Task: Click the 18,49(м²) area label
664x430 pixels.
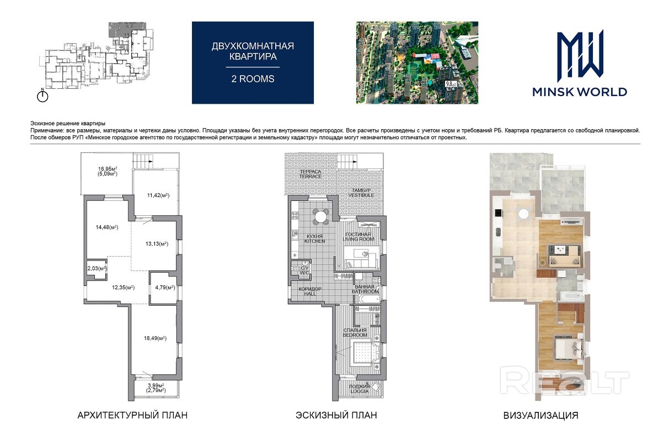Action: point(155,338)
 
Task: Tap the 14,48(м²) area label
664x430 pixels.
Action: point(107,227)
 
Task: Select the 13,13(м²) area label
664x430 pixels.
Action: point(157,243)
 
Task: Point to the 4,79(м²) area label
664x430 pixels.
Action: point(165,287)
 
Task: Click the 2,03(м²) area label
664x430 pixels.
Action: point(97,268)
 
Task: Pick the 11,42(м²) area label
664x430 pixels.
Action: point(158,195)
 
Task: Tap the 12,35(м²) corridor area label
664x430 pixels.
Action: point(124,287)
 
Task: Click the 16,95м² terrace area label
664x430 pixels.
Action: point(108,169)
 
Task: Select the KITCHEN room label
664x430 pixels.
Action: point(315,241)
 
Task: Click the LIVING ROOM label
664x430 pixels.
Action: point(358,239)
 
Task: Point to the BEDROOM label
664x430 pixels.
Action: point(355,335)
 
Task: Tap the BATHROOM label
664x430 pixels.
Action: point(365,291)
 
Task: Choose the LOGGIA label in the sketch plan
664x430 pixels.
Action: point(360,391)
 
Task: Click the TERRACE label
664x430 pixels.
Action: point(310,177)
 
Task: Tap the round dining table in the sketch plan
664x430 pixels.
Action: point(320,217)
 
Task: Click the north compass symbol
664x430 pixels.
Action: point(42,95)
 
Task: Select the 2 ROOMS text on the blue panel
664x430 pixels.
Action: point(253,78)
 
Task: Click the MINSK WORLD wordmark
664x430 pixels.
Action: point(580,92)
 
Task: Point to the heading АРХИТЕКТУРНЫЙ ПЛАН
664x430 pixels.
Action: point(132,415)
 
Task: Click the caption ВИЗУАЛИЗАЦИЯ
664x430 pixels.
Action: point(540,415)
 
